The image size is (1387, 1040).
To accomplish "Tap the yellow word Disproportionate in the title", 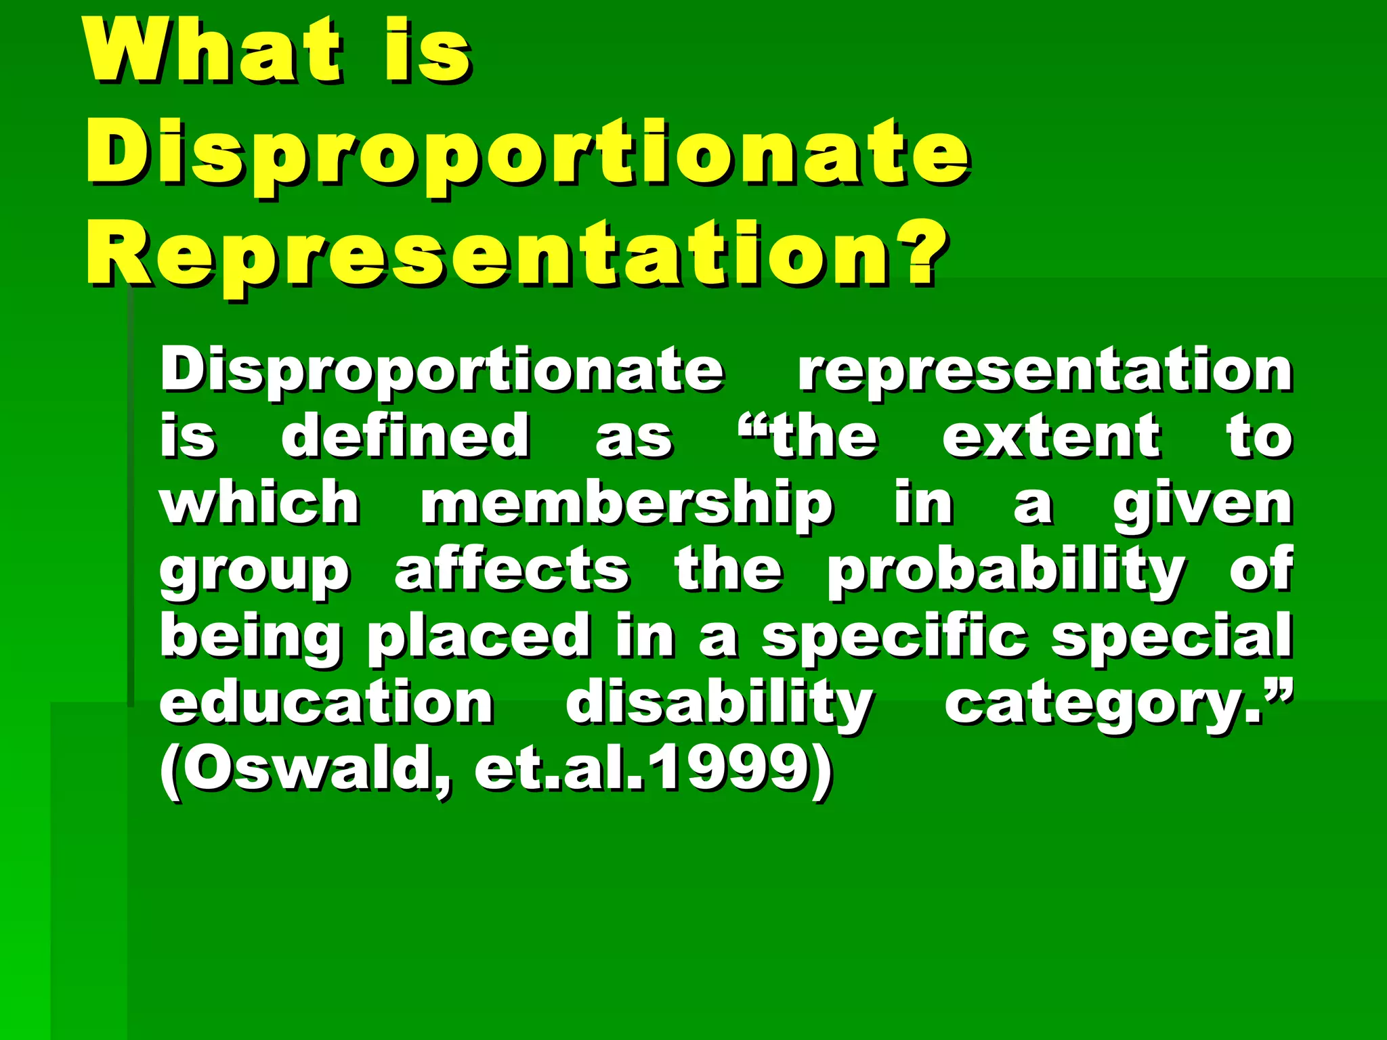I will click(x=528, y=152).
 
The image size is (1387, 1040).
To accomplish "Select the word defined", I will click(x=406, y=437).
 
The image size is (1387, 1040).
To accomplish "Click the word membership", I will click(x=626, y=504).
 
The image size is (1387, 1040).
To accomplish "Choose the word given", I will click(x=1203, y=504).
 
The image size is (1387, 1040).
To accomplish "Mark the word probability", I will click(x=1006, y=572).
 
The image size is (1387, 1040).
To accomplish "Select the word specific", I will click(x=894, y=636).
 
